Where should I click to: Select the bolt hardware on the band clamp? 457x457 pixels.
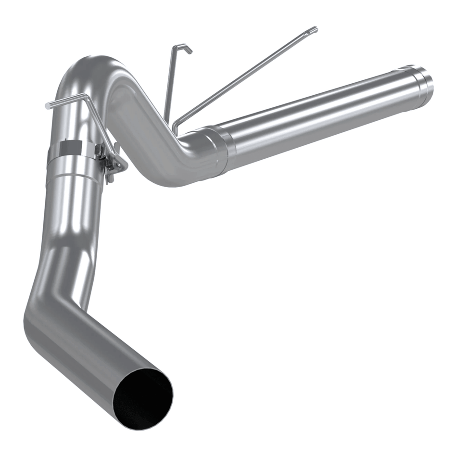pos(112,161)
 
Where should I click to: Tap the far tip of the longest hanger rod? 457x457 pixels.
pos(314,30)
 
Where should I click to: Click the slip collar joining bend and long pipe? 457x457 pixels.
pos(218,150)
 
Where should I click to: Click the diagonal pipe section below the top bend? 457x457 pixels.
pos(144,135)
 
